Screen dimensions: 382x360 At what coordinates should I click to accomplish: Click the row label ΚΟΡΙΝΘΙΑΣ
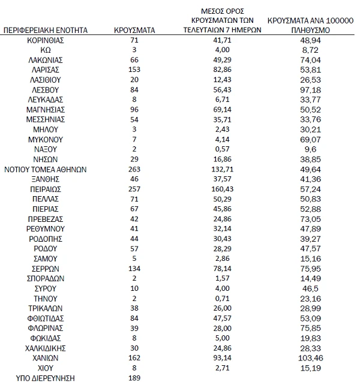click(x=46, y=39)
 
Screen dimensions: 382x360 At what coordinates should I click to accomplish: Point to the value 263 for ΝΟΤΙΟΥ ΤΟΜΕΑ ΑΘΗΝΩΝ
click(x=135, y=169)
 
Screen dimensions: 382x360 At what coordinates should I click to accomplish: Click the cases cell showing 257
click(x=135, y=188)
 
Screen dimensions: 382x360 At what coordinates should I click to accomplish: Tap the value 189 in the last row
click(x=135, y=377)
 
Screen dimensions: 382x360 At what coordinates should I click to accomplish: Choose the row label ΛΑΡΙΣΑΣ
click(x=46, y=70)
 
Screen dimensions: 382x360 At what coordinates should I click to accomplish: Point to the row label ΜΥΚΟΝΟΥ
click(x=46, y=139)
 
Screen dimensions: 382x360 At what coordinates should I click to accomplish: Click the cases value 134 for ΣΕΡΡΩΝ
click(x=135, y=268)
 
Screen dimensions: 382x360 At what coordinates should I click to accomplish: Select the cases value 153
click(x=135, y=70)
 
